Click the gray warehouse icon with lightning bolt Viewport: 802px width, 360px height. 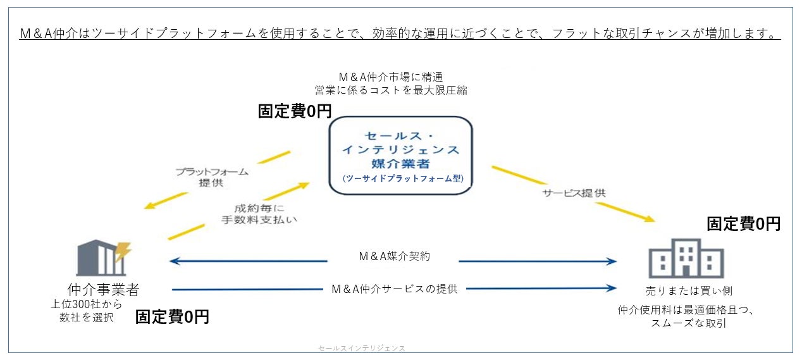pyautogui.click(x=104, y=258)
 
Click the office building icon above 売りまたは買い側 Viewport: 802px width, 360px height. pyautogui.click(x=686, y=258)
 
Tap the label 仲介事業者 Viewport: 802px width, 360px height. pyautogui.click(x=103, y=289)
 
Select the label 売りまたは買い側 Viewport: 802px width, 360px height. pyautogui.click(x=689, y=291)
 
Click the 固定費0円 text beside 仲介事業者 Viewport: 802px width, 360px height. pyautogui.click(x=172, y=316)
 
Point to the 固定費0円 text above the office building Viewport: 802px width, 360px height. pyautogui.click(x=744, y=224)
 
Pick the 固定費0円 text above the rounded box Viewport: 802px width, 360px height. pyautogui.click(x=295, y=111)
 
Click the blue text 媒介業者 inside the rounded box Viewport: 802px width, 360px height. pyautogui.click(x=400, y=164)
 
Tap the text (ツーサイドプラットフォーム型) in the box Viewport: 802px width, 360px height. pyautogui.click(x=403, y=178)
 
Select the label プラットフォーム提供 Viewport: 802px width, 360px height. pyautogui.click(x=212, y=177)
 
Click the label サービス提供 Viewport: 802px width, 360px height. pyautogui.click(x=574, y=193)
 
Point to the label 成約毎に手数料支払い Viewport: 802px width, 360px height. pyautogui.click(x=259, y=214)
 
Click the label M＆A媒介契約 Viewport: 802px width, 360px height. pyautogui.click(x=394, y=256)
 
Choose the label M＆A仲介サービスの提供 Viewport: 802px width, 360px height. pyautogui.click(x=395, y=289)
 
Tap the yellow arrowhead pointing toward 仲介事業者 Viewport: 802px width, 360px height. pyautogui.click(x=149, y=206)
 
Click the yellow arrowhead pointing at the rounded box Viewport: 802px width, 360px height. pyautogui.click(x=304, y=185)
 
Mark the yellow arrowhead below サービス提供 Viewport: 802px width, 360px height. pyautogui.click(x=650, y=219)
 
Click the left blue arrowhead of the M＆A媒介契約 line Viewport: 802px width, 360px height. pyautogui.click(x=174, y=261)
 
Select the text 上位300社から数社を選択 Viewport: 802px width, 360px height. pyautogui.click(x=86, y=311)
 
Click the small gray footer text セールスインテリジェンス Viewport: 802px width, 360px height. pyautogui.click(x=362, y=348)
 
